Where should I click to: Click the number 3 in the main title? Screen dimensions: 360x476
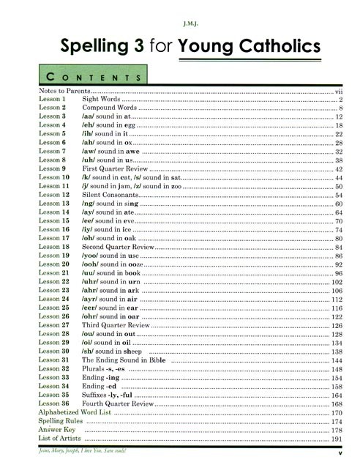[x=131, y=45]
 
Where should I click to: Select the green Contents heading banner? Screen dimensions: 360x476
[x=91, y=76]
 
